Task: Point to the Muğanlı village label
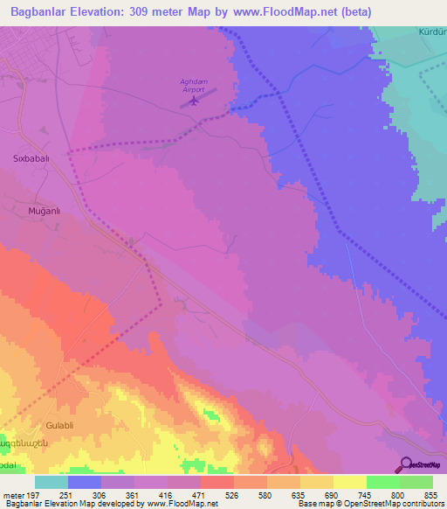35,210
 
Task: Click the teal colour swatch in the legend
52,482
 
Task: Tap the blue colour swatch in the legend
85,482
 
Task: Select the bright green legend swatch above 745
383,482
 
